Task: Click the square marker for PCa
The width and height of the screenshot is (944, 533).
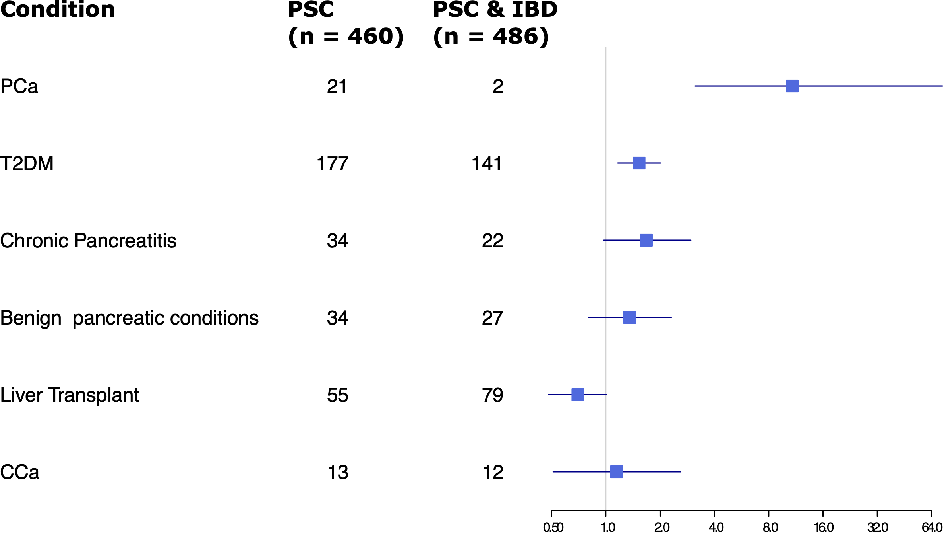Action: tap(792, 86)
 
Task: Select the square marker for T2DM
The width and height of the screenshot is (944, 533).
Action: tap(639, 163)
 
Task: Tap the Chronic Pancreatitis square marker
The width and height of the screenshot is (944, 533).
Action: tap(646, 240)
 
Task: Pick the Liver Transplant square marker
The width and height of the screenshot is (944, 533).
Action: tap(578, 395)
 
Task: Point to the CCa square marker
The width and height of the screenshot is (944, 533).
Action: tap(616, 472)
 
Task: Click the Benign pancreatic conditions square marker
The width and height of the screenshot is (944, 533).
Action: tap(629, 317)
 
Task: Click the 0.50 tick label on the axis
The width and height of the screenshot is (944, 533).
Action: tap(553, 527)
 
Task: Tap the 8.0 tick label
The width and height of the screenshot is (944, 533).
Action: tap(770, 527)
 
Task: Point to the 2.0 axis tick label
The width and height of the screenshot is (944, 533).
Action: tap(662, 527)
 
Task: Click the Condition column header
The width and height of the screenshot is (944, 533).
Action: tap(58, 10)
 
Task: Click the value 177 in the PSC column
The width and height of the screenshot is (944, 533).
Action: tap(332, 163)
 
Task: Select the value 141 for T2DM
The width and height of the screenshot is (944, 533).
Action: tap(487, 163)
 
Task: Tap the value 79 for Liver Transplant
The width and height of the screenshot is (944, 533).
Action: tap(492, 395)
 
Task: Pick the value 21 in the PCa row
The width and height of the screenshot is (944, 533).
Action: tap(337, 86)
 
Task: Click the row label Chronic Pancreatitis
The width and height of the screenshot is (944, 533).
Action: tap(88, 241)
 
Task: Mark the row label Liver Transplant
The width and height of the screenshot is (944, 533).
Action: tap(70, 395)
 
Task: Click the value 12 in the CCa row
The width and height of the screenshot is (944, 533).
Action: tap(493, 472)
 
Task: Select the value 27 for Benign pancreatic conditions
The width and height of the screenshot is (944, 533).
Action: tap(492, 318)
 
